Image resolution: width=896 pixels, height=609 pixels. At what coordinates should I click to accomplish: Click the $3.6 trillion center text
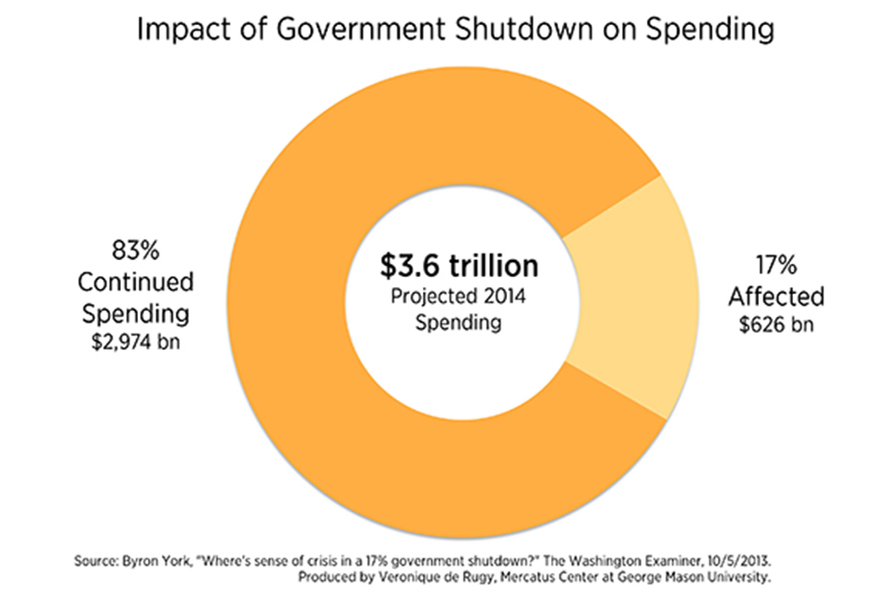coord(458,266)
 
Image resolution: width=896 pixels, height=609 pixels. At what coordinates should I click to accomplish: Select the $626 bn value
coord(776,325)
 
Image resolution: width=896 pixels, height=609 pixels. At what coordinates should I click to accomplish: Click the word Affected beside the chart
coord(776,297)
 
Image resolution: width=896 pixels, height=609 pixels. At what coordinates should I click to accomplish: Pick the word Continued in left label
coord(134,282)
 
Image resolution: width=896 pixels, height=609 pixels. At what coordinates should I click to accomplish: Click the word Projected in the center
coord(425,297)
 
